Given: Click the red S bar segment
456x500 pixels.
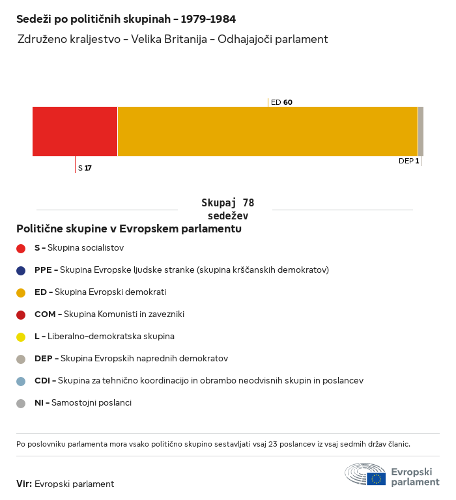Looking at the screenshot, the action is (x=75, y=132).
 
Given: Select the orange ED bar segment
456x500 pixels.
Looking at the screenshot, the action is (x=268, y=132).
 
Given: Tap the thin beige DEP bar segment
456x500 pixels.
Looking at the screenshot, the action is (x=421, y=132).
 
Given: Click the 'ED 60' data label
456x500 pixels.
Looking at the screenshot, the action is (x=281, y=102).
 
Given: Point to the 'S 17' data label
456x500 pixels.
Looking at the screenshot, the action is (x=85, y=168).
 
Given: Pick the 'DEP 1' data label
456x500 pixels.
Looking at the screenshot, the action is (x=409, y=161).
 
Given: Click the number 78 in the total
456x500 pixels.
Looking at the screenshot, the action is (x=248, y=203).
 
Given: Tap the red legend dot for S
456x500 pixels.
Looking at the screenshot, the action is (x=21, y=249).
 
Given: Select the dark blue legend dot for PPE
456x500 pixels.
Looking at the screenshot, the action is (x=21, y=271).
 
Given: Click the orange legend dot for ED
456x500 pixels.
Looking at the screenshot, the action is (x=21, y=293).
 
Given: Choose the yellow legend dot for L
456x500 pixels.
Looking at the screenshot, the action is (x=21, y=337).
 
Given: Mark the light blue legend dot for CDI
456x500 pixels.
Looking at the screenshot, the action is (x=21, y=382).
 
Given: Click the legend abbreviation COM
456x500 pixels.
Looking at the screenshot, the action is (x=45, y=314).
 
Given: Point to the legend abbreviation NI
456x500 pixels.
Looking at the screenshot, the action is (x=39, y=403).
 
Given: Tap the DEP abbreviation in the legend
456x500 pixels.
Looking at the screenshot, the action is (x=44, y=359).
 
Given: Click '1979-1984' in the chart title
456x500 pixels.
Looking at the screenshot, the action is (x=208, y=19).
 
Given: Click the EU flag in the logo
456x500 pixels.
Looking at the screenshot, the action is (x=376, y=479).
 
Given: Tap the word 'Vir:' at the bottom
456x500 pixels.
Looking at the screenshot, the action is (x=24, y=484).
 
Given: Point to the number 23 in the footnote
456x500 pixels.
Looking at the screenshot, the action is (x=273, y=444).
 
